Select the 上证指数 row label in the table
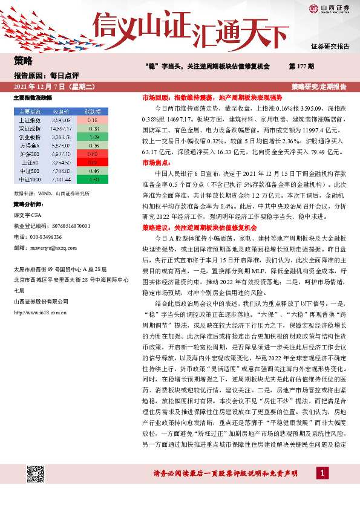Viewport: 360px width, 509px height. coord(30,120)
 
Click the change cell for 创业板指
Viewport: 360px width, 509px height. coord(93,137)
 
